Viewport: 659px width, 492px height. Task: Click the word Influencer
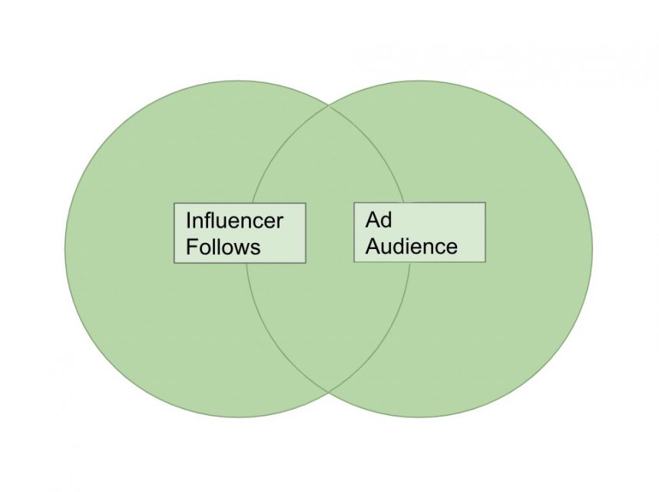pos(234,221)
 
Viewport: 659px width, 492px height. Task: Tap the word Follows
pos(223,247)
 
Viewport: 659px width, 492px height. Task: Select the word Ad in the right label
pos(379,221)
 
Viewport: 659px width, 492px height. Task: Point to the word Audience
pos(411,246)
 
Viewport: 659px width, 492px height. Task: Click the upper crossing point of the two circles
pos(329,105)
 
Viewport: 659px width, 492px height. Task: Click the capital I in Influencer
pos(188,221)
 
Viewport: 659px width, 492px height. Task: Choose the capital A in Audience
pos(373,246)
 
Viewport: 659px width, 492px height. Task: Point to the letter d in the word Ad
pos(386,221)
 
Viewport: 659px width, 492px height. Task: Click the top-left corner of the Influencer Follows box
pos(174,204)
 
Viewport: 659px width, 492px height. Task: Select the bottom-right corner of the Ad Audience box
pos(485,261)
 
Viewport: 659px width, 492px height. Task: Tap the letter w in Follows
pos(240,248)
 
